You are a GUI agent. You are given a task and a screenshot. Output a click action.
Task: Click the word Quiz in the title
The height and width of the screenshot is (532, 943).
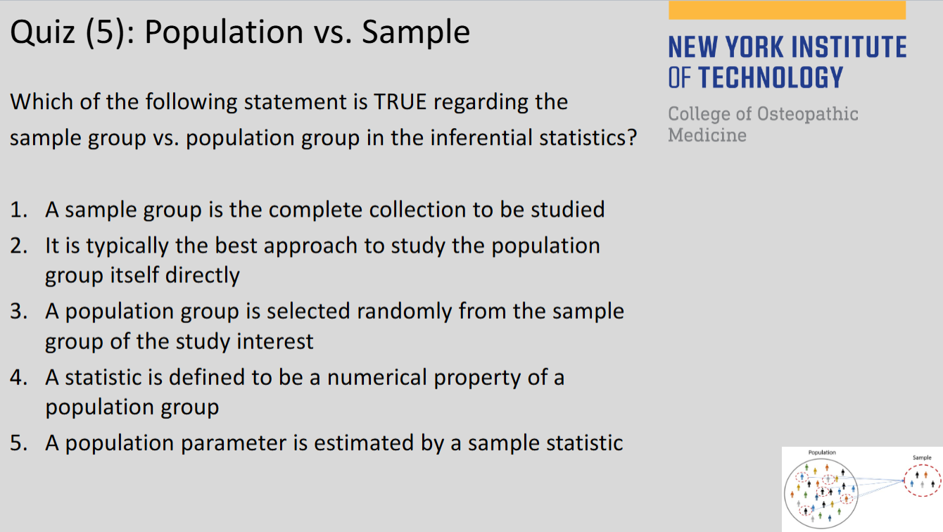coord(42,32)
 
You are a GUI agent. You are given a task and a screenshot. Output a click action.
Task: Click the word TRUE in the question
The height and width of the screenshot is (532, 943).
coord(400,102)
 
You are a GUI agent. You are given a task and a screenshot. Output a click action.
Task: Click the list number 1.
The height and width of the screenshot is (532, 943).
coord(18,210)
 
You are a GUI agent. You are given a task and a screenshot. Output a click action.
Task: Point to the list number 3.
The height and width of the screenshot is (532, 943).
coord(18,312)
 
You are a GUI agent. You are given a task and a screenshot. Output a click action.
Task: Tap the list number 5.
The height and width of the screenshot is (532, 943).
coord(18,443)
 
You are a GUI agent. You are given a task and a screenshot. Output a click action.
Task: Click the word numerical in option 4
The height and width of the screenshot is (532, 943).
coord(376,377)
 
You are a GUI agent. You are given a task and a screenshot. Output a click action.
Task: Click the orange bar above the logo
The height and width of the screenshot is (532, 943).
coord(787,10)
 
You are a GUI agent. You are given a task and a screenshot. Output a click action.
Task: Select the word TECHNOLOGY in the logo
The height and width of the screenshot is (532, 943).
coord(771,77)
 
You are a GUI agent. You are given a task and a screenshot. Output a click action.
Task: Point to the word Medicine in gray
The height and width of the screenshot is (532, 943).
coord(707,135)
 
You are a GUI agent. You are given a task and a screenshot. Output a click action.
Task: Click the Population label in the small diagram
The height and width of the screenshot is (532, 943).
coord(822,452)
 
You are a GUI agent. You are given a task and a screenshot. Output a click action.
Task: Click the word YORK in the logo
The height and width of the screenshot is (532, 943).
coord(752,46)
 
